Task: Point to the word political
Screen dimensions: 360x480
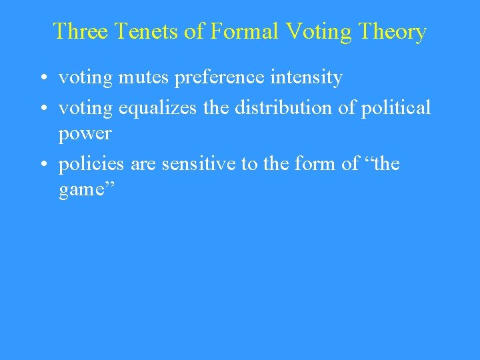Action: [x=395, y=107]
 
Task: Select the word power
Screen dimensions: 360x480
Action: [x=85, y=135]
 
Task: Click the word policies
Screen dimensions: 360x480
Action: [x=91, y=163]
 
